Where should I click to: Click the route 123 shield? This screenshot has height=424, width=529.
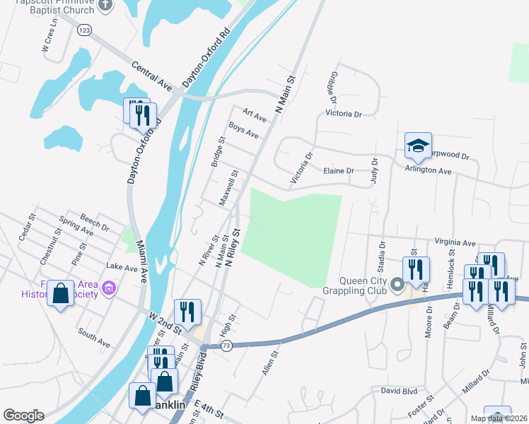click(x=85, y=30)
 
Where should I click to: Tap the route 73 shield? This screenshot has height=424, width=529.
click(x=226, y=345)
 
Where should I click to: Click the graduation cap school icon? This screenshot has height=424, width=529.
click(x=417, y=146)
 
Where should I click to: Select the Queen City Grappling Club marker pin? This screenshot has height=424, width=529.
click(x=397, y=285)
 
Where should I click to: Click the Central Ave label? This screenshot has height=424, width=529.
click(x=152, y=76)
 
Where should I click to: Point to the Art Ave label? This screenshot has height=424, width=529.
click(x=254, y=114)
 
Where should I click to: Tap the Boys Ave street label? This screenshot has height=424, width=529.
click(x=243, y=130)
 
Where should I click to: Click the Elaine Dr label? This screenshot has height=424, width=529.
click(x=338, y=171)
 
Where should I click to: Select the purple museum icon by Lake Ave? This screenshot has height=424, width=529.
click(x=108, y=288)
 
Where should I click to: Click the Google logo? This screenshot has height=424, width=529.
click(x=23, y=416)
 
